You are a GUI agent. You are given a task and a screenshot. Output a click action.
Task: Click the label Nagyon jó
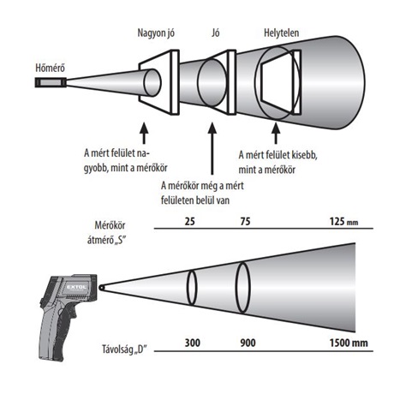(x=156, y=33)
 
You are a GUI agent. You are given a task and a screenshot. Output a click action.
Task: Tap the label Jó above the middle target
(x=216, y=33)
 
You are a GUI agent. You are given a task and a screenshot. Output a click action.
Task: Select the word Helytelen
(x=281, y=33)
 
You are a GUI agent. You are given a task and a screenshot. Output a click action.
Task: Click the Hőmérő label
(x=50, y=68)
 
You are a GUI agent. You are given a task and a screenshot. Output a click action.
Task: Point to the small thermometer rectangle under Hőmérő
(x=51, y=82)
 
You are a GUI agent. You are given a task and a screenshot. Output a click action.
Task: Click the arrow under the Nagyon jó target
(x=144, y=133)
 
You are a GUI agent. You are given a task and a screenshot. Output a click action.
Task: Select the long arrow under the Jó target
(x=212, y=149)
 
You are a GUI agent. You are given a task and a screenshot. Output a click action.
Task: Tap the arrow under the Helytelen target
(x=276, y=133)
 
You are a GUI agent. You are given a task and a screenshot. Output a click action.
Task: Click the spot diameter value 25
(x=190, y=221)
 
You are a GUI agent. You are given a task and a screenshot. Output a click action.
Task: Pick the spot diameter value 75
(x=245, y=221)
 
